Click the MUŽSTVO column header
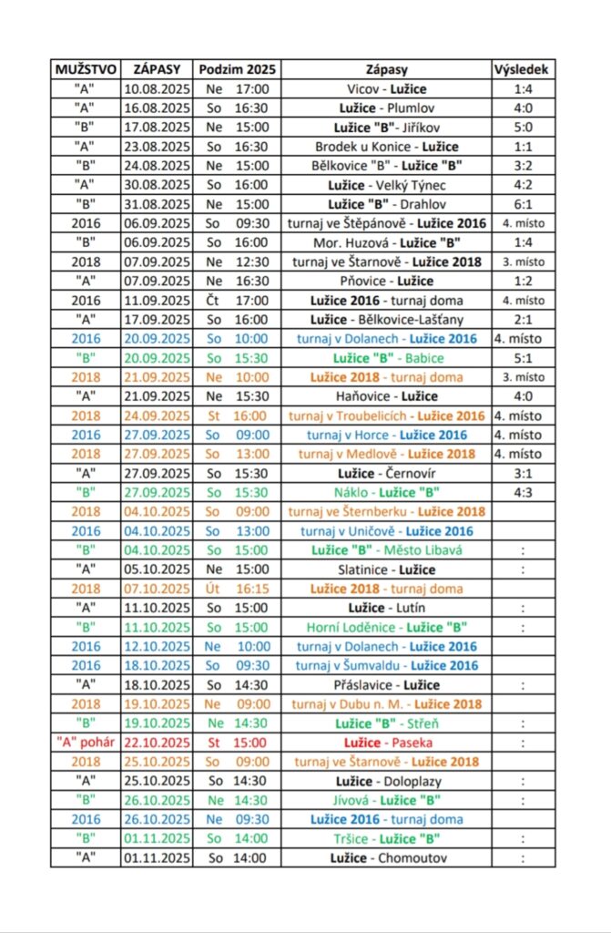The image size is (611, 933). pos(85,69)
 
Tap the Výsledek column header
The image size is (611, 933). pos(522,69)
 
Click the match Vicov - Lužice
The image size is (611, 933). pos(387,89)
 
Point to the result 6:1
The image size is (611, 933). pos(522,204)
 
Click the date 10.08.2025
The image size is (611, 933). pos(157,89)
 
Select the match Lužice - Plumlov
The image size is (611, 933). pos(387,108)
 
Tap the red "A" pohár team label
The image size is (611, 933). pos(85,743)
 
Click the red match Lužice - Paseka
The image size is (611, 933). pos(387,743)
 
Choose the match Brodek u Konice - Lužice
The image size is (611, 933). pos(387,147)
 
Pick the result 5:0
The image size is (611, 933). pos(522,128)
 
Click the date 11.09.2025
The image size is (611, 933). pos(157,301)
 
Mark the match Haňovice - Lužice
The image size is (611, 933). pos(387,396)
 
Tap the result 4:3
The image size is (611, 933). pos(522,492)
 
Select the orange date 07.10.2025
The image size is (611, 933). pos(157,589)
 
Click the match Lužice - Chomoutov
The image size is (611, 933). pos(387,857)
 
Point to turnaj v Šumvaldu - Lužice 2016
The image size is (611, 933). pos(387,666)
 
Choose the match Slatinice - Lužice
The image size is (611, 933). pos(387,569)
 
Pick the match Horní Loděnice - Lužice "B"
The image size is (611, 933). pos(387,627)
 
